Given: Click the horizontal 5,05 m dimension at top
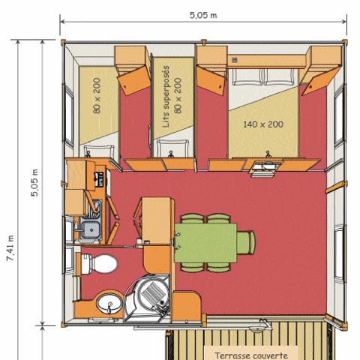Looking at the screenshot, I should click(202, 13).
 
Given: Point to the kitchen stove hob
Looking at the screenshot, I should click(97, 178).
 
